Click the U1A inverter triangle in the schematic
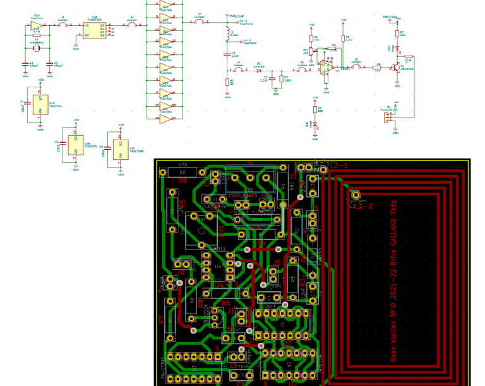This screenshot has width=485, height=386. click(x=37, y=28)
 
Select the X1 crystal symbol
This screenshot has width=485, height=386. click(x=37, y=48)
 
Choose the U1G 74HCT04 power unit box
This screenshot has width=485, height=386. click(x=41, y=104)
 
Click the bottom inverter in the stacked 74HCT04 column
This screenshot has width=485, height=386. click(x=164, y=118)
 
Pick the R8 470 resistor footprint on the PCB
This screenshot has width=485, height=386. click(x=183, y=172)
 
